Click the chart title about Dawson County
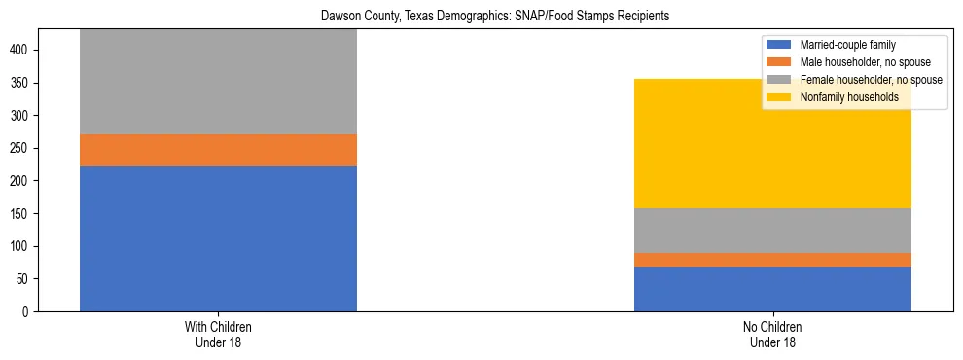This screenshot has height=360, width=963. tap(481, 17)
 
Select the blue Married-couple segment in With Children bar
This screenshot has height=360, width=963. tap(218, 238)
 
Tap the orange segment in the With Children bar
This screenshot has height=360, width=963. tap(218, 150)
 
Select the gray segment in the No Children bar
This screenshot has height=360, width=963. tap(772, 231)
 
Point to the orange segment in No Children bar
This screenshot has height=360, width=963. tap(772, 259)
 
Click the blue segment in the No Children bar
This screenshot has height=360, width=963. tap(772, 289)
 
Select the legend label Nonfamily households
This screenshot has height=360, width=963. tap(849, 97)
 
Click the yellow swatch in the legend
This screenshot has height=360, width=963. tap(779, 97)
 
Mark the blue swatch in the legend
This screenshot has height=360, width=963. tap(779, 45)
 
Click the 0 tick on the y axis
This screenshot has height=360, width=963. tap(33, 311)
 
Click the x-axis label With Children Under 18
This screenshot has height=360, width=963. tap(218, 334)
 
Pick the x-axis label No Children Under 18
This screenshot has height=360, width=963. tap(772, 334)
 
